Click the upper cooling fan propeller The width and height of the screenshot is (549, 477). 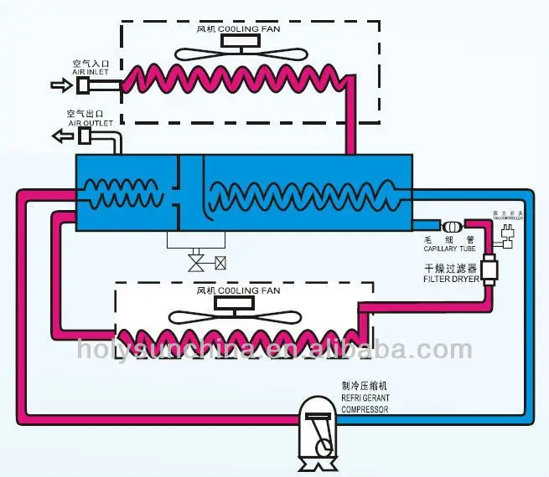(x=230, y=52)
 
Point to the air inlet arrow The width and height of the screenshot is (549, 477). (x=60, y=84)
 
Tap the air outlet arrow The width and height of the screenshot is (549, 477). (x=60, y=134)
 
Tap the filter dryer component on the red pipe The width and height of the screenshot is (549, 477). (x=489, y=271)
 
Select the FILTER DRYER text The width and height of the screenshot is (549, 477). (x=453, y=280)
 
